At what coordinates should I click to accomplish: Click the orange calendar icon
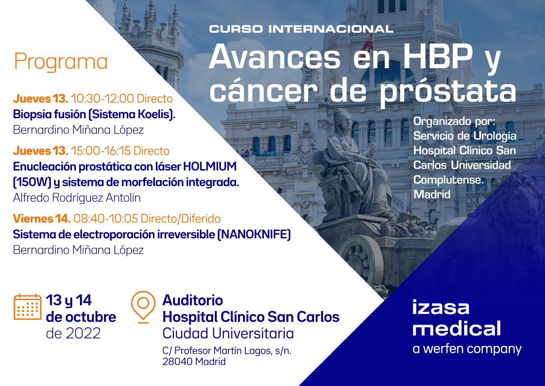[28, 307]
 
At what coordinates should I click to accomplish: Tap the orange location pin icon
[143, 306]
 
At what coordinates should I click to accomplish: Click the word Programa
[61, 62]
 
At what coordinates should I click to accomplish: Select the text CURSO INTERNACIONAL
[301, 29]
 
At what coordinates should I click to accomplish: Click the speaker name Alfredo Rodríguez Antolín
[77, 198]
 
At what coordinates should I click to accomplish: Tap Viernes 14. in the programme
[41, 219]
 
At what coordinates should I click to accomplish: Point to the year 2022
[84, 333]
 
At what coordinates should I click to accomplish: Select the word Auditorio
[193, 301]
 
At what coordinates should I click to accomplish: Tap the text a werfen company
[467, 349]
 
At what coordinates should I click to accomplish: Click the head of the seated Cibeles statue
[343, 120]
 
